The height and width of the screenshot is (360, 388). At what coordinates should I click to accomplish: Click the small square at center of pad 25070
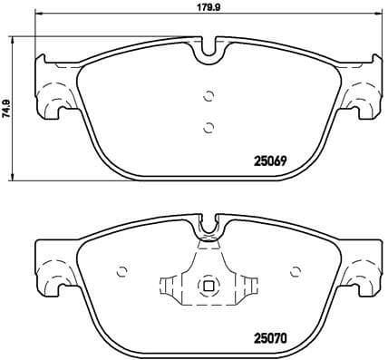tap(208, 287)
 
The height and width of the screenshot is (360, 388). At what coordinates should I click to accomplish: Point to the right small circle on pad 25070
tap(294, 271)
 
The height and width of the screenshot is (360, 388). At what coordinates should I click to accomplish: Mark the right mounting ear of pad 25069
tap(364, 91)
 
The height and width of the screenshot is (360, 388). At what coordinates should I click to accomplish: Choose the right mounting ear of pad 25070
tap(364, 270)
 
